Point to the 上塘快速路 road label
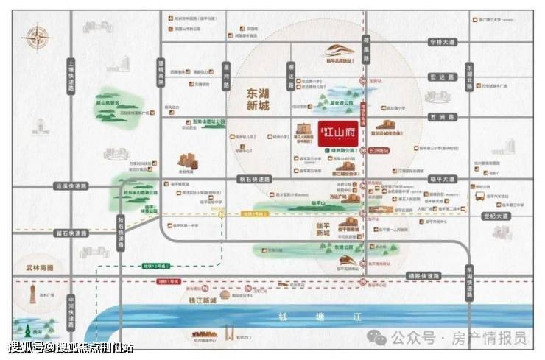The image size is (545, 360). [71, 75]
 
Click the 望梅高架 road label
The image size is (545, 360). [162, 74]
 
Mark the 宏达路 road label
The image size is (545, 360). [440, 77]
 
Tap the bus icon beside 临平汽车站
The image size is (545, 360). [480, 197]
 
